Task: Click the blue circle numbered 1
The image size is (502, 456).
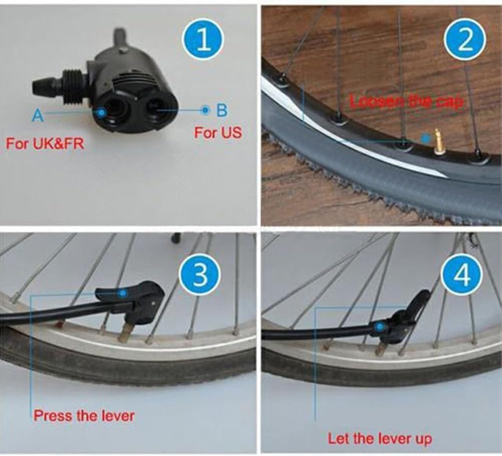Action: point(203,40)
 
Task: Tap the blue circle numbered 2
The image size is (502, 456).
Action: point(465,40)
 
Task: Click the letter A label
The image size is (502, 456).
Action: point(38,116)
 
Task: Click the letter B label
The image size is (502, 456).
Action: point(222,110)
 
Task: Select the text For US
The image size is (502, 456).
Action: point(218,133)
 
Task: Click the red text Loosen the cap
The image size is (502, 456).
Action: point(406,101)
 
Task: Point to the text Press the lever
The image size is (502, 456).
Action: point(84,416)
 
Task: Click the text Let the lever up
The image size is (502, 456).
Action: point(380,438)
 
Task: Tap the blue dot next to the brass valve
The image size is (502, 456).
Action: point(425,137)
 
